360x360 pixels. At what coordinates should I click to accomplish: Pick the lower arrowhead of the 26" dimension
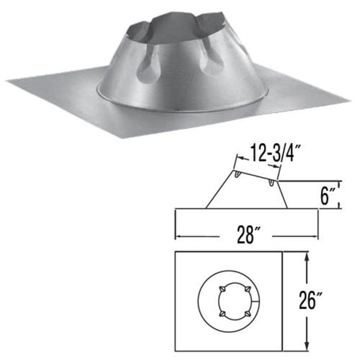point(307,347)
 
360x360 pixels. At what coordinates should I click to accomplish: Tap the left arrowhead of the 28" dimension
point(178,236)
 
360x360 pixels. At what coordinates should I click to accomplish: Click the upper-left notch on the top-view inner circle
point(222,290)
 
